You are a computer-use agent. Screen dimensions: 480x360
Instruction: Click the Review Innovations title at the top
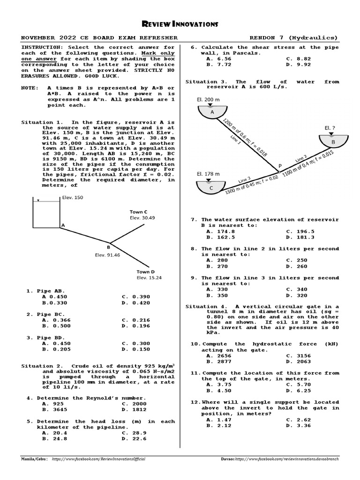point(180,23)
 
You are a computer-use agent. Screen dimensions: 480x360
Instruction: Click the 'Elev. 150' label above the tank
point(72,198)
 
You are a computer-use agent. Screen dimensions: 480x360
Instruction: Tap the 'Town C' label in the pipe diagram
point(139,212)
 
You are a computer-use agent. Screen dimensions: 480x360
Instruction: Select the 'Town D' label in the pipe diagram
point(146,271)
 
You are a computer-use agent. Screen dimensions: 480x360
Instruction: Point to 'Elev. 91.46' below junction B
point(108,255)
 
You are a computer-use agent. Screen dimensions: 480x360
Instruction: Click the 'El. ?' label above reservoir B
point(330,127)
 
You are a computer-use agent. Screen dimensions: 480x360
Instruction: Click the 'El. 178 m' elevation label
point(207,173)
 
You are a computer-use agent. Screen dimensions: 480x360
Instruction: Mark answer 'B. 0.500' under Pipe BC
point(54,326)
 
